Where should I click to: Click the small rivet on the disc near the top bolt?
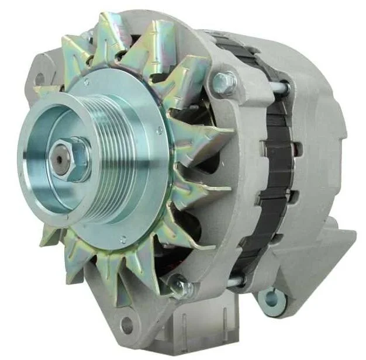[159, 130]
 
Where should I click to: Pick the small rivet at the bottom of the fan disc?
[122, 239]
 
